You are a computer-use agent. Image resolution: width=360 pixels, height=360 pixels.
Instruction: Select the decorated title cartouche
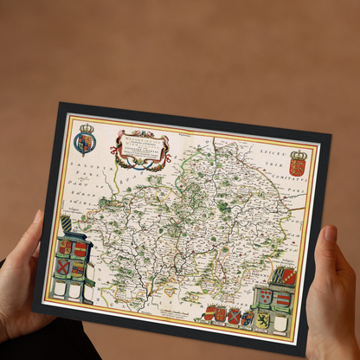tap(140, 147)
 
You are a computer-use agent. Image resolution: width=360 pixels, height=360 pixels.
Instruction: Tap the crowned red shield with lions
tap(298, 165)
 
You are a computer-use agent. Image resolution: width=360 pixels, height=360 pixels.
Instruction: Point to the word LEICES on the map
tap(297, 145)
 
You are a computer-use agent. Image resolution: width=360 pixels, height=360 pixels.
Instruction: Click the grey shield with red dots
tap(264, 297)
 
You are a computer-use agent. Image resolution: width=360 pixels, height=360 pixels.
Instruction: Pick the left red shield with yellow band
tap(65, 247)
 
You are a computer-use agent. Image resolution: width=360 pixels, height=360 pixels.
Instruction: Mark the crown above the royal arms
tap(86, 128)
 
